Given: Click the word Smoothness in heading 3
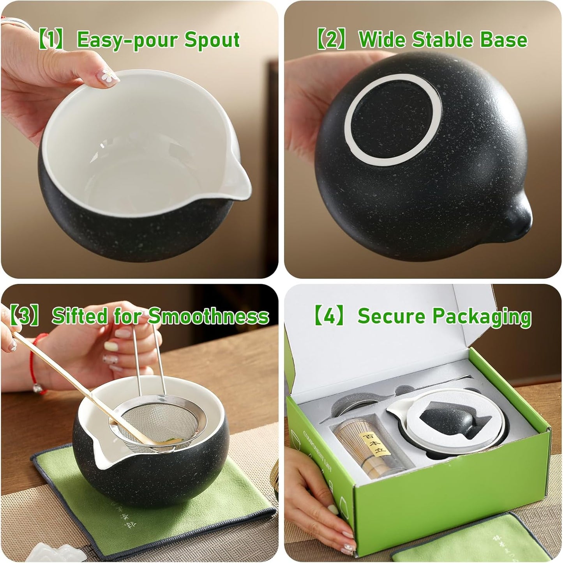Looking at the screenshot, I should pos(208,316).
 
